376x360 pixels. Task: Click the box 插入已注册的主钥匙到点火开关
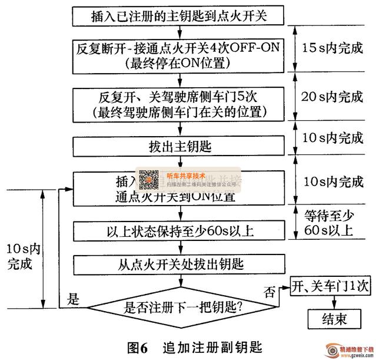pos(179,15)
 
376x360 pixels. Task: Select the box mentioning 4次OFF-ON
pos(179,52)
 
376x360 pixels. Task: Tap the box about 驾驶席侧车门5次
pos(179,103)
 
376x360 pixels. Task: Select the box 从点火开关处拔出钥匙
pos(179,263)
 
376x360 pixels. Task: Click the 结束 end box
pos(334,319)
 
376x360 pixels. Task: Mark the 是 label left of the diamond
pos(73,298)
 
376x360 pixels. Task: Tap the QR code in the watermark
pos(149,179)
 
